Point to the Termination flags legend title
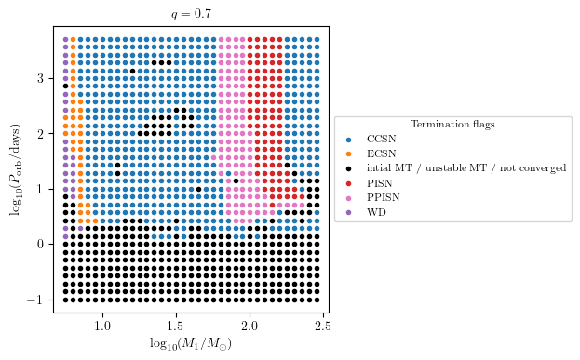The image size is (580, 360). [452, 124]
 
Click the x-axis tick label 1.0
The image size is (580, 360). [102, 326]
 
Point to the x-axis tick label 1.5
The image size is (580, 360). [176, 326]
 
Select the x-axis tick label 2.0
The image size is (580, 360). [250, 326]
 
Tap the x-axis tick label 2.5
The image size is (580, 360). [323, 326]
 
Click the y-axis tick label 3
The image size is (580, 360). [42, 78]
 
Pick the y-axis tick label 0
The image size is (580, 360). [42, 245]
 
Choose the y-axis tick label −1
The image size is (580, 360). [38, 300]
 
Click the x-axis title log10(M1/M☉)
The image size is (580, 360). [191, 344]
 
